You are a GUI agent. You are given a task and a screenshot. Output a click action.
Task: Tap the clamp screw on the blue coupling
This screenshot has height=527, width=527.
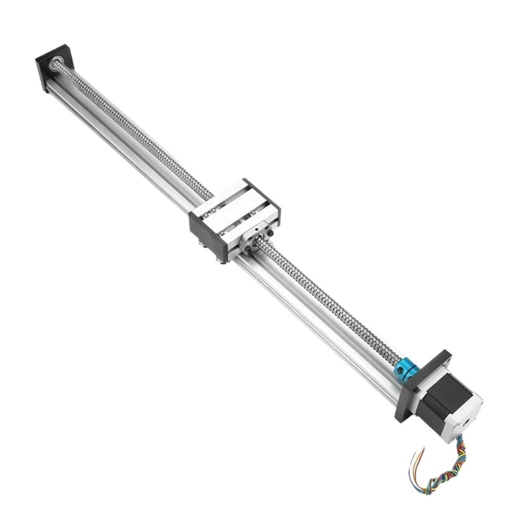coord(399,372)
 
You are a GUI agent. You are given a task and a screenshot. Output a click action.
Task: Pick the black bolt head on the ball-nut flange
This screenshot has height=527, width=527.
coord(270,234)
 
